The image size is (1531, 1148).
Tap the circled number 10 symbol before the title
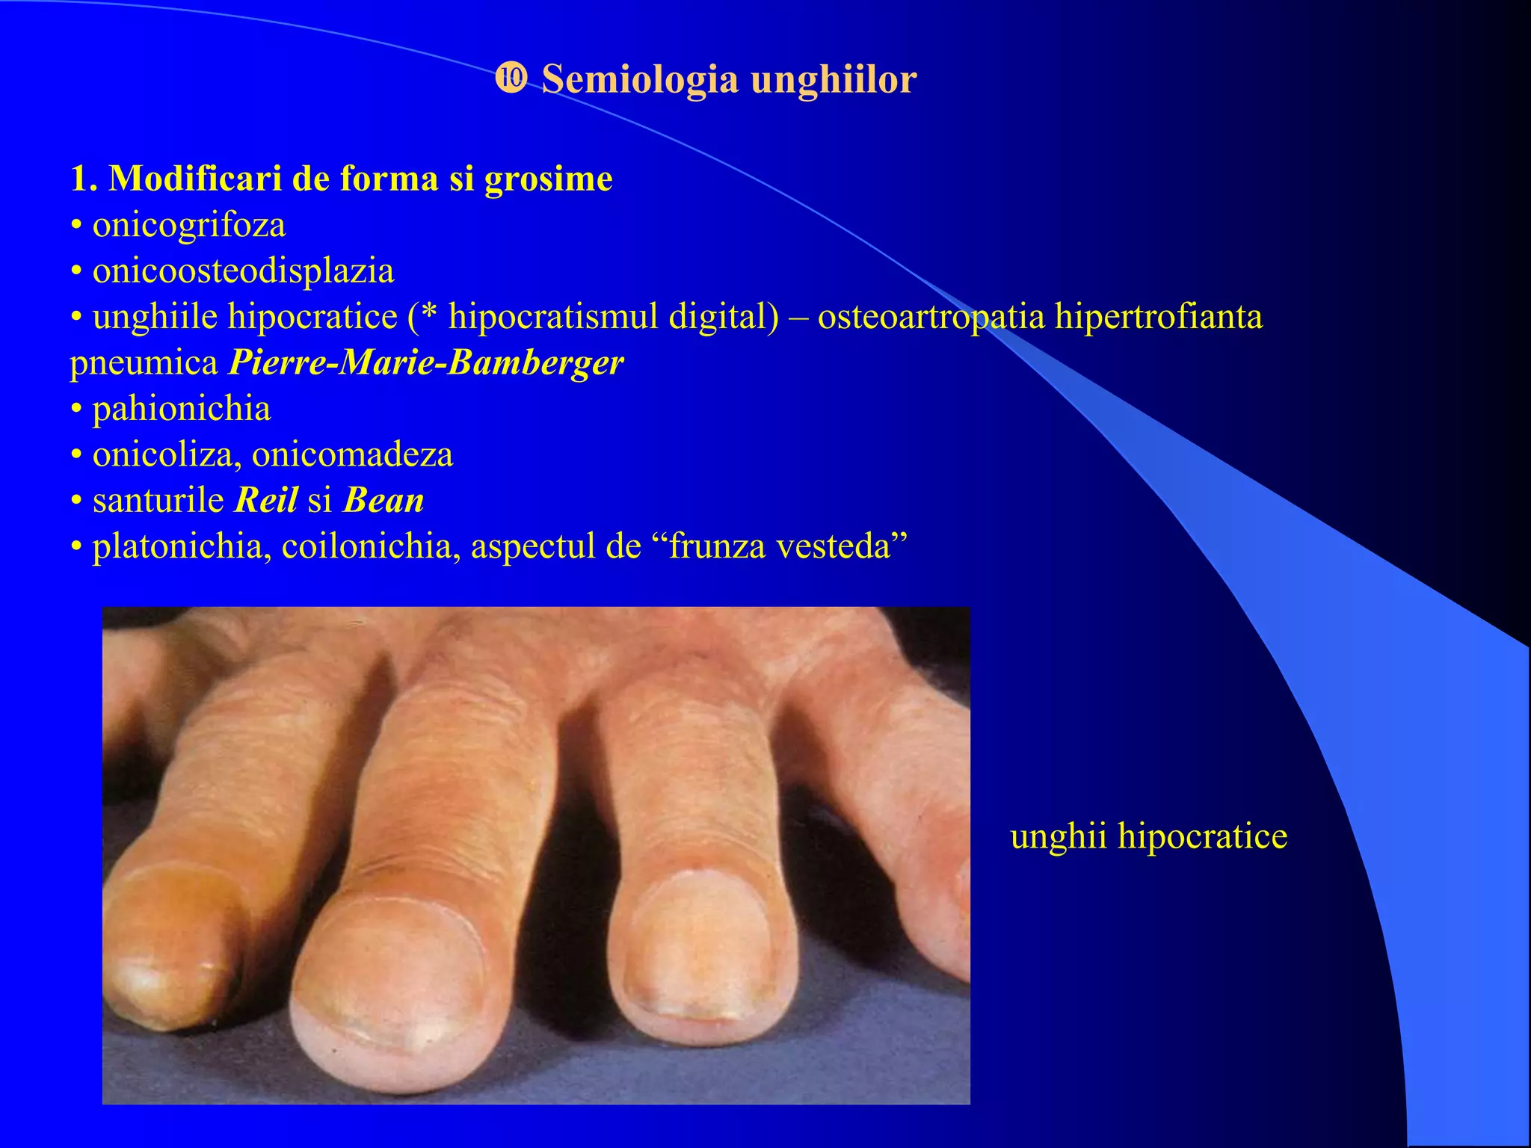[511, 78]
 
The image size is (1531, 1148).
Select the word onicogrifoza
[188, 225]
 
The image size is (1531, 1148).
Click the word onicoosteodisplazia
[243, 271]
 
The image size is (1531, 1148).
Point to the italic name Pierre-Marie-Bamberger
[426, 363]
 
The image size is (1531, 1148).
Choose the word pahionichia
[181, 409]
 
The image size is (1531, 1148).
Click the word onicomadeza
[352, 455]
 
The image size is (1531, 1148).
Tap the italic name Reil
[266, 500]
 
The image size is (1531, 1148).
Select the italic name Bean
[383, 500]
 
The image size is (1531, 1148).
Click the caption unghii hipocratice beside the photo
[1148, 836]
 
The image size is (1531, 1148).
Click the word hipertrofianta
[1158, 317]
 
